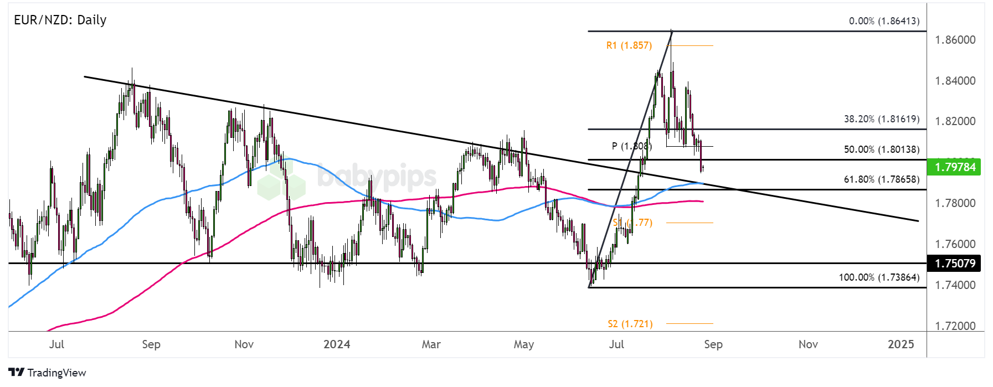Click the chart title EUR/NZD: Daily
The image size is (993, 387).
coord(60,20)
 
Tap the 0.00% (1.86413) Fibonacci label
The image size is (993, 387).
coord(884,21)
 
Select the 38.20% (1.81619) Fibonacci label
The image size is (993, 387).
coord(881,119)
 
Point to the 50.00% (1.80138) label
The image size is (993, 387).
coord(881,149)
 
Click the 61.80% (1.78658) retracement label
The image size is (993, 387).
coord(881,179)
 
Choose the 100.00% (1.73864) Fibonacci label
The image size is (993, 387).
coord(878,277)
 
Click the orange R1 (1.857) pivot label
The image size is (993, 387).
coord(629,45)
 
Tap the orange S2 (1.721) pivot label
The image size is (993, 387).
coord(630,324)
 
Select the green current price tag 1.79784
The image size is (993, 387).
coord(955,167)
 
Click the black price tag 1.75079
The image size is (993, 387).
coord(955,263)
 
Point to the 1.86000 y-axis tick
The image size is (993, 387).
coord(955,40)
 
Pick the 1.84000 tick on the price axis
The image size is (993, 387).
coord(955,81)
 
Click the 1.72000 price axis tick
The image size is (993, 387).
coord(955,326)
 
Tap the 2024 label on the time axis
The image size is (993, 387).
coord(337,344)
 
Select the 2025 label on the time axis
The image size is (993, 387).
coord(901,344)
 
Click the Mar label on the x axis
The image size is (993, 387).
coord(431,344)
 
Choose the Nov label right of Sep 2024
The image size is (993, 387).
coord(808,344)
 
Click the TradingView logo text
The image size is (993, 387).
coord(56,373)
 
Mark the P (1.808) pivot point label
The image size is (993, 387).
coord(631,146)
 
